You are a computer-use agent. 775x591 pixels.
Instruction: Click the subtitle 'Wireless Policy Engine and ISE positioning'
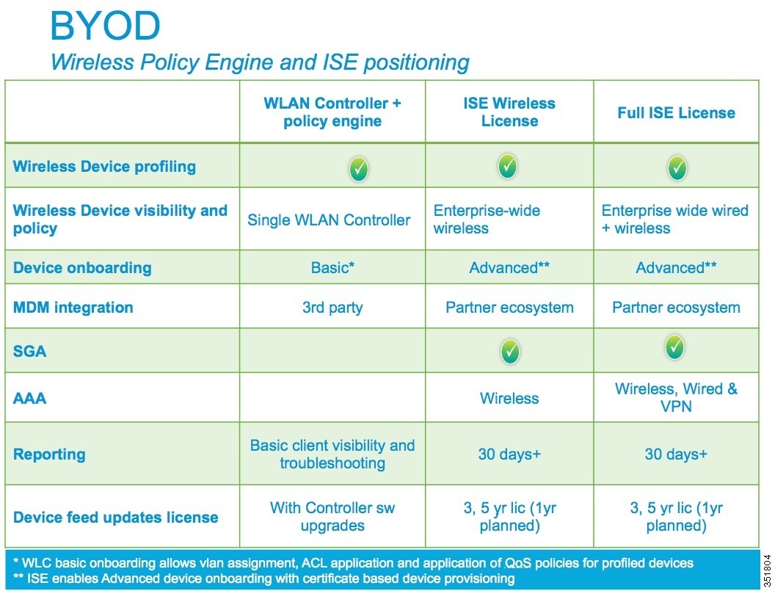tap(260, 63)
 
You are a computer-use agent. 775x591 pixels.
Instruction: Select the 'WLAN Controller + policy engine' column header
tap(332, 112)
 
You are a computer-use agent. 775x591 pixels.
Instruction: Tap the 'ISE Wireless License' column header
tap(509, 112)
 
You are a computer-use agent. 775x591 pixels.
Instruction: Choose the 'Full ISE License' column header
tap(676, 113)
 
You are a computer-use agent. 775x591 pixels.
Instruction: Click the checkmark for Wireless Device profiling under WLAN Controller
tap(359, 169)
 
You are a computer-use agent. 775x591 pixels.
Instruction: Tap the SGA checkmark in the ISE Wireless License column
tap(510, 352)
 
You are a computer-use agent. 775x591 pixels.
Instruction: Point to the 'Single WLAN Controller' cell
tap(329, 220)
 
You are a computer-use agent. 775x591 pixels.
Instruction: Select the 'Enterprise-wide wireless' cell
tap(487, 219)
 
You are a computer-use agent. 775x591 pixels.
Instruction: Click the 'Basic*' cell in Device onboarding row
tap(332, 267)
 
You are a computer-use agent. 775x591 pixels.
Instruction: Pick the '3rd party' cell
tap(332, 308)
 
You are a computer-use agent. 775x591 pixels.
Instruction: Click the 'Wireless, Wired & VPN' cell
tap(676, 398)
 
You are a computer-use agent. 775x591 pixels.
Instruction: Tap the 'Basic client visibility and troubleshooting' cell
tap(332, 454)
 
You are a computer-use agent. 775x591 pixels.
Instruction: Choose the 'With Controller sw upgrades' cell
tap(332, 516)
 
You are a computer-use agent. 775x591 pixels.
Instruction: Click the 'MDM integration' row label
tap(73, 308)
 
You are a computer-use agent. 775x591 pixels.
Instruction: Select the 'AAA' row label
tap(29, 398)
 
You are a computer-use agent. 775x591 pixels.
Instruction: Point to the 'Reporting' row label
tap(49, 454)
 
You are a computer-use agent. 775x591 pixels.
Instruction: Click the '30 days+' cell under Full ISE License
tap(676, 454)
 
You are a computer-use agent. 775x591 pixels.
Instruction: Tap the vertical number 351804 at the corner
tap(767, 570)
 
